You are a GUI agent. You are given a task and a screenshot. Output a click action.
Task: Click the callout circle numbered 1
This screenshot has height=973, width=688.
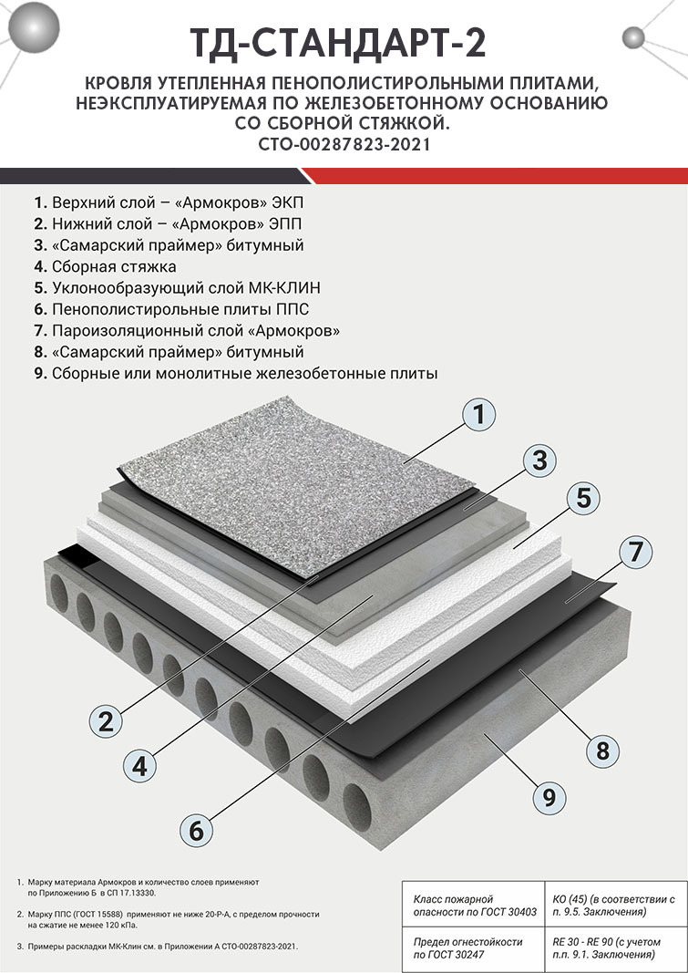coord(479,415)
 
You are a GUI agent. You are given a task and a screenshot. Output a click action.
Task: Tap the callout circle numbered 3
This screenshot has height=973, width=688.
coord(539,459)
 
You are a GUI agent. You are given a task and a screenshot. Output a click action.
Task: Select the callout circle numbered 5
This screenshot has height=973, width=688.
coord(584,498)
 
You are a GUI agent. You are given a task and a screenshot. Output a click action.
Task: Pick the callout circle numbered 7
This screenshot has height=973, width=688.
coord(635,552)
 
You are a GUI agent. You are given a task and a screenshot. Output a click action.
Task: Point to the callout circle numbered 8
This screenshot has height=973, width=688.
coord(601,750)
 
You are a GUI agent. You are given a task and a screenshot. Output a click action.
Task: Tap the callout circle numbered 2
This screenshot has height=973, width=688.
coord(107,722)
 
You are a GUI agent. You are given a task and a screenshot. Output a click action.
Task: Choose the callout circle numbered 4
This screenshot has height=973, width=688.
coord(139,766)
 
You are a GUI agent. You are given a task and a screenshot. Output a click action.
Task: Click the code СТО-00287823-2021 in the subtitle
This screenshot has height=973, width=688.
coord(344,143)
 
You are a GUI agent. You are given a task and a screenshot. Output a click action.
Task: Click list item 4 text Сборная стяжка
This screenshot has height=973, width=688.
coord(114,266)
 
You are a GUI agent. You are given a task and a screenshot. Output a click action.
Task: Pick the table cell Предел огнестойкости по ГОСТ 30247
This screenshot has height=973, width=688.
coord(474,948)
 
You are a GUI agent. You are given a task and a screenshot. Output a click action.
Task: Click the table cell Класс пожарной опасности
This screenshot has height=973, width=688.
coord(474,906)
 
